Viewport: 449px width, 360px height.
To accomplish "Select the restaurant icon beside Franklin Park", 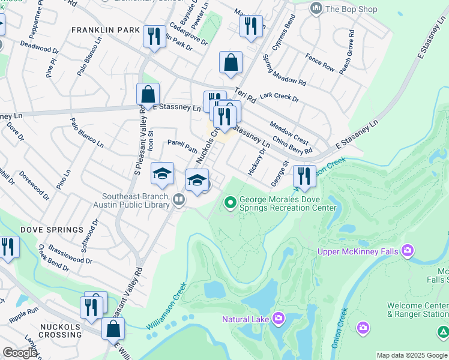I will [154, 37].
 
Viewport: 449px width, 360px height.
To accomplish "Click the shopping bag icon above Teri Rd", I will [231, 62].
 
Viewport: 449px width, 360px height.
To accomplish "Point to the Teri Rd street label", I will [246, 94].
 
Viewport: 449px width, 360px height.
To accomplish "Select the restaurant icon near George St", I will [304, 176].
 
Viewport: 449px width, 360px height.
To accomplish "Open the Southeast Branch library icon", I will [178, 200].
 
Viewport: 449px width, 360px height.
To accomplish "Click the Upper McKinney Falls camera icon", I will [408, 250].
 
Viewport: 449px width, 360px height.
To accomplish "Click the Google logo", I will [20, 353].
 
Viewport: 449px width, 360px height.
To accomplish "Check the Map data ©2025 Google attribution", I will [411, 356].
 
